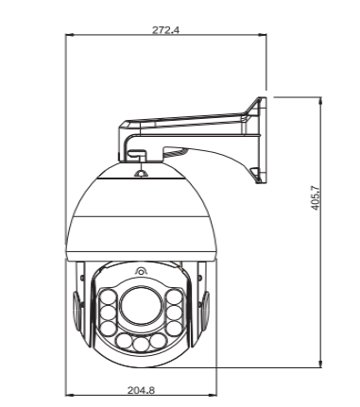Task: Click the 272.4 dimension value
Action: (x=165, y=30)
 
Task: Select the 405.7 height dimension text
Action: (x=315, y=198)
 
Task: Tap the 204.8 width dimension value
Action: (x=141, y=390)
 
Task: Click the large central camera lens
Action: (x=141, y=306)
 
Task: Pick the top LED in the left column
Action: (x=108, y=297)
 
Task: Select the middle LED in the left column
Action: (x=108, y=314)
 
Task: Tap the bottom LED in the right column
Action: (x=175, y=329)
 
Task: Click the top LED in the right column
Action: (x=175, y=297)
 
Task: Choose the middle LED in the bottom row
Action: (x=141, y=344)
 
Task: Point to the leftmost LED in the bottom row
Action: (x=124, y=341)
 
